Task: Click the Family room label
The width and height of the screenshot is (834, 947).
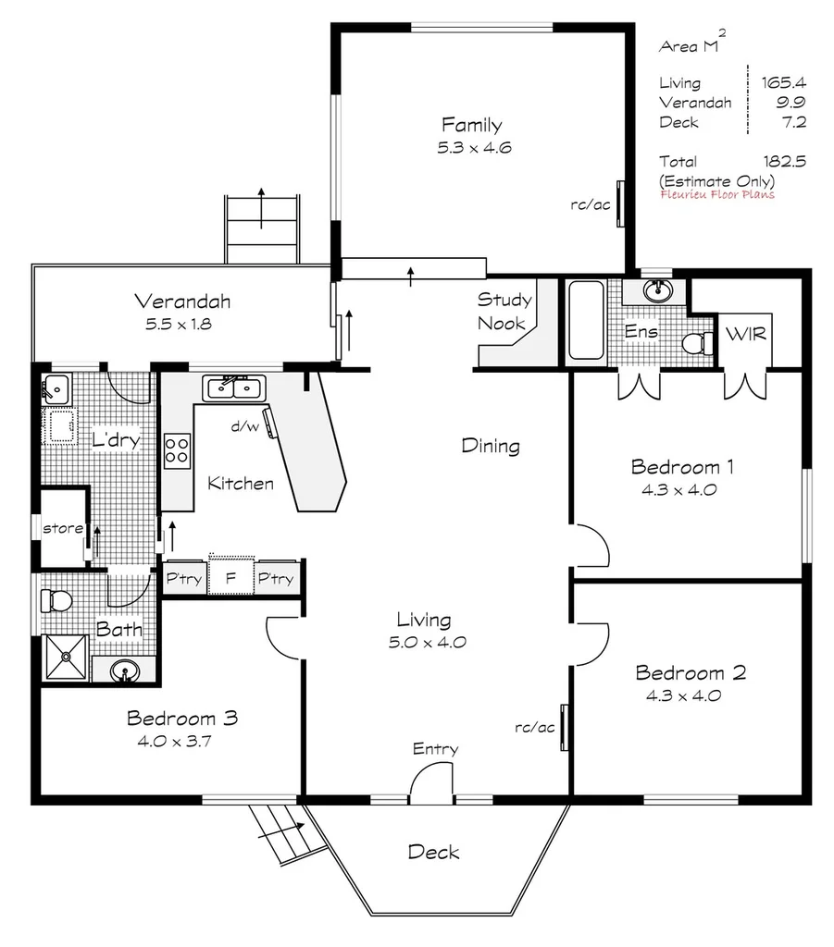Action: coord(471,125)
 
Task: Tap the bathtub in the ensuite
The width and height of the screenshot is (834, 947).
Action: coord(586,320)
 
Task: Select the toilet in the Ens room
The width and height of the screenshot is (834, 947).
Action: coord(697,344)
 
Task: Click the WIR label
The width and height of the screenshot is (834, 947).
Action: coord(746,334)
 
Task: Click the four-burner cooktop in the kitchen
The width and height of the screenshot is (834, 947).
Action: coord(177,450)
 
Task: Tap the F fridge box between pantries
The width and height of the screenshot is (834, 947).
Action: coord(230,579)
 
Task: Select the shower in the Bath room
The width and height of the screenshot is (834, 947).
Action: coord(66,657)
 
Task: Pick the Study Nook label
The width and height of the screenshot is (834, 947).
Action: coord(504,312)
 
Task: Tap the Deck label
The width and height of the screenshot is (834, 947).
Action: coord(433,852)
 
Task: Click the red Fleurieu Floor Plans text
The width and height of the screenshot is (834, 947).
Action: coord(717,194)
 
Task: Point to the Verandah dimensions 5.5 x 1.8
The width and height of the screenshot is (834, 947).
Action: coord(181,325)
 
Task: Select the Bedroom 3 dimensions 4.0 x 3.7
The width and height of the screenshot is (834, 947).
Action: coord(183,740)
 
